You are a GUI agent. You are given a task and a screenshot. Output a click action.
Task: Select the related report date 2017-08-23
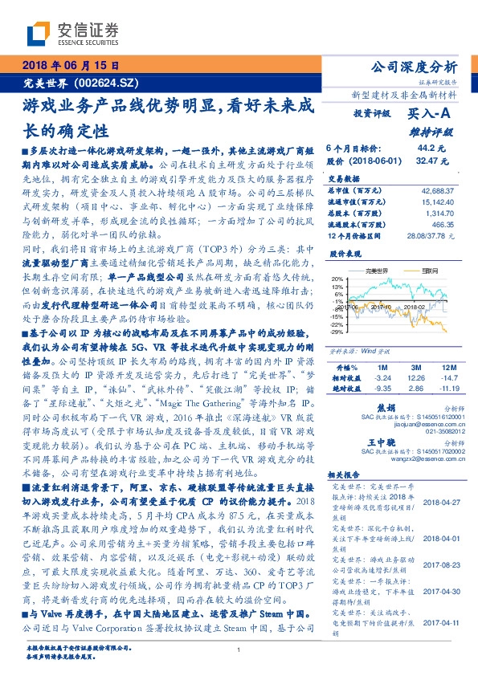439,541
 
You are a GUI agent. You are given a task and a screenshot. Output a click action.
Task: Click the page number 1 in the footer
239,650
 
